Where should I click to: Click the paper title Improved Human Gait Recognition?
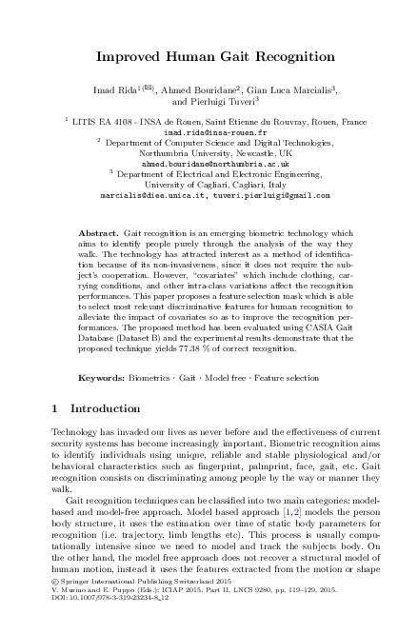click(209, 56)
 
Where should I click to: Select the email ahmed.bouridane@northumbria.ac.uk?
click(209, 163)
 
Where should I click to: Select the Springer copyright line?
click(124, 604)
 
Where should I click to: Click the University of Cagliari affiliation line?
click(209, 184)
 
